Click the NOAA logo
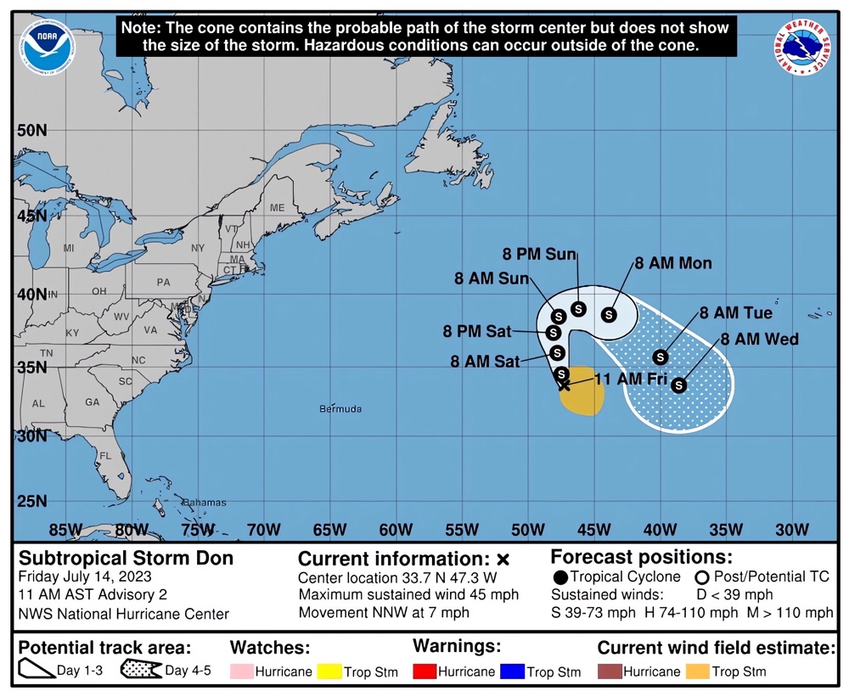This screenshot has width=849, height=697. click(x=50, y=48)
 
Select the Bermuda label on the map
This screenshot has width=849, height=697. click(x=340, y=409)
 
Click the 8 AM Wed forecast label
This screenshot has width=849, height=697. click(x=760, y=340)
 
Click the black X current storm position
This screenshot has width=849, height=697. click(x=565, y=385)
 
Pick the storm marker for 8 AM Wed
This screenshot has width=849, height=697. click(x=678, y=385)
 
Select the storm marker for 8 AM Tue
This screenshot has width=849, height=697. click(x=660, y=357)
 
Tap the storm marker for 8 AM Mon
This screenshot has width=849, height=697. click(x=609, y=315)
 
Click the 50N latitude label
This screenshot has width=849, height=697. click(x=31, y=131)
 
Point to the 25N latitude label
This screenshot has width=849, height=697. click(x=31, y=501)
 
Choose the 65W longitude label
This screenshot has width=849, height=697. click(x=329, y=531)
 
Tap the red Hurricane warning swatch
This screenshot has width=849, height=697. click(x=424, y=672)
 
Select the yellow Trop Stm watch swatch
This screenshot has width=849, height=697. click(x=329, y=672)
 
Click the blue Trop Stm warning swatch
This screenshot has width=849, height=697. click(x=514, y=672)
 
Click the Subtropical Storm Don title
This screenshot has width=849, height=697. click(x=126, y=559)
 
